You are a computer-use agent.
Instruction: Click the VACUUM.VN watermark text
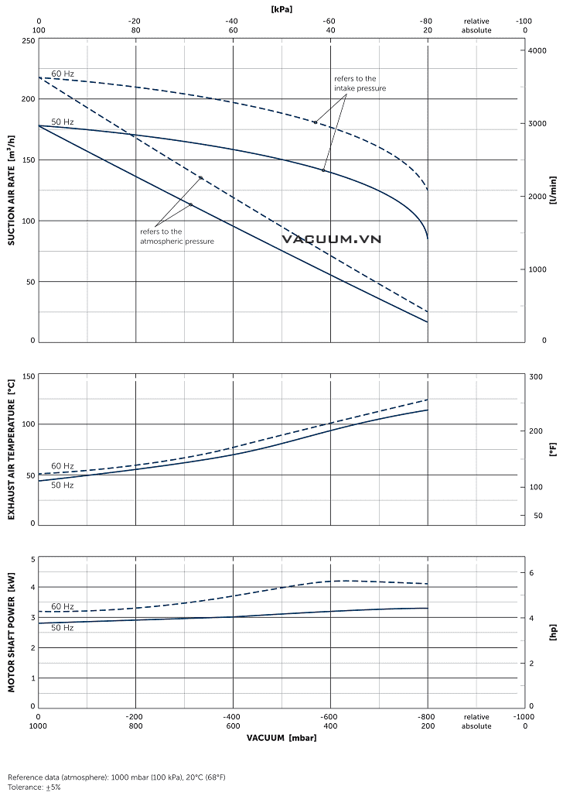[332, 240]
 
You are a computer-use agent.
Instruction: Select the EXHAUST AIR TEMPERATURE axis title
[12, 449]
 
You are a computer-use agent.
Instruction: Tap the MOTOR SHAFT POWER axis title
[12, 632]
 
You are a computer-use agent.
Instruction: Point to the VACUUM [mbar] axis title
[281, 738]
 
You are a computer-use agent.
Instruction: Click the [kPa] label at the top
[281, 9]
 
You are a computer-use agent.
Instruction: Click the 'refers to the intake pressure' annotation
[360, 84]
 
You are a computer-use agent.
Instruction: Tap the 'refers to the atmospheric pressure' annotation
[176, 236]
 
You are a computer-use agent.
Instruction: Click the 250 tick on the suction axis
[28, 40]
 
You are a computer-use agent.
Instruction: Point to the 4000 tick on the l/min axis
[537, 51]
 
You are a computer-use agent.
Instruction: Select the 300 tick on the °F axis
[535, 377]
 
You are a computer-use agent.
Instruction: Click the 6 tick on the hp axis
[531, 573]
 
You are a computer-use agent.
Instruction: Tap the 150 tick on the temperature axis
[28, 377]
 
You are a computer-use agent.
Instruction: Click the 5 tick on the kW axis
[32, 559]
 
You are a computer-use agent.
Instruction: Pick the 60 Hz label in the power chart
[63, 606]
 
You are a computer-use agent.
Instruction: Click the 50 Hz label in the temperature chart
[63, 485]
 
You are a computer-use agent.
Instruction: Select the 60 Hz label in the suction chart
[63, 74]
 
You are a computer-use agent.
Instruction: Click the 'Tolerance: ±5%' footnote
[34, 787]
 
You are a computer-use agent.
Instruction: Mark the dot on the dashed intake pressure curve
[316, 122]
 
